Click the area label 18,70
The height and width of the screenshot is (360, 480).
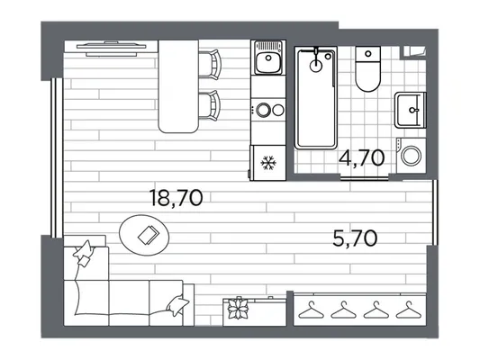177,198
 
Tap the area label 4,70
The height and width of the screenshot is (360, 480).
362,157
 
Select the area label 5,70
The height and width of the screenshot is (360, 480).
355,238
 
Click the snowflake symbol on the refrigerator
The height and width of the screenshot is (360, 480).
268,163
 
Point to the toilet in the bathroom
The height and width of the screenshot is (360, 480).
368,68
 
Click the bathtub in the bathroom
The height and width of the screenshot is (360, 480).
315,98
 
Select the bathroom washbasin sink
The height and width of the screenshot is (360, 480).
410,110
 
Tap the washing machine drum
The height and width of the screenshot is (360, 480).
412,156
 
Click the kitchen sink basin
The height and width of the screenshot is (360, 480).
268,62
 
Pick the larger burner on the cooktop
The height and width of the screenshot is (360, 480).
263,110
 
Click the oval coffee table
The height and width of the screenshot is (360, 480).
144,235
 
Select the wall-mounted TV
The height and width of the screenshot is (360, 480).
111,49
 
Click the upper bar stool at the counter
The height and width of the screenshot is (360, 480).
210,65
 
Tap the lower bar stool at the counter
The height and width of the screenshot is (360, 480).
210,105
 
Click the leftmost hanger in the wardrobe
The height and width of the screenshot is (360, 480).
312,310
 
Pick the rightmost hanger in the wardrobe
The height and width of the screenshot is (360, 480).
409,310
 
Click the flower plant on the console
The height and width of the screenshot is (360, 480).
238,308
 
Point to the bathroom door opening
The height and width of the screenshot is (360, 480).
365,177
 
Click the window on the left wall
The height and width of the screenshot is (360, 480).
57,157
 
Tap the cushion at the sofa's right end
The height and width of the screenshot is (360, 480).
177,305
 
